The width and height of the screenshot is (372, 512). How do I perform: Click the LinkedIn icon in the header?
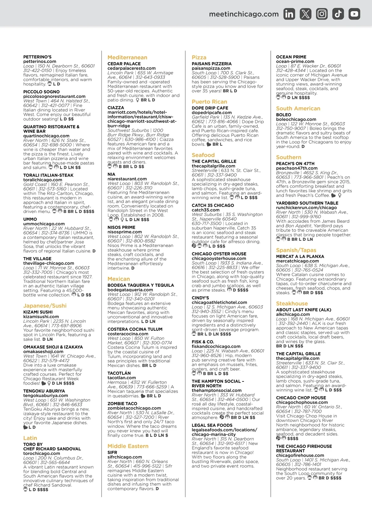289,14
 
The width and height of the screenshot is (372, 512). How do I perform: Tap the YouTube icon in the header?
354,14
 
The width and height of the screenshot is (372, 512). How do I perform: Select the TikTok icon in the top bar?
338,14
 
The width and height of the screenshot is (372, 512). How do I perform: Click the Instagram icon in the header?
322,14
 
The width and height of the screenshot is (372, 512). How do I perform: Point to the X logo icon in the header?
306,14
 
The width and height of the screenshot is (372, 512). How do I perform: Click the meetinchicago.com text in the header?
244,14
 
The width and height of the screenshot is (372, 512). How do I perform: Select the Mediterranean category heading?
127,57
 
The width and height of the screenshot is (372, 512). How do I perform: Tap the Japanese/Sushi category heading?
45,306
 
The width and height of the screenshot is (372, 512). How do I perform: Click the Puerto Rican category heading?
209,102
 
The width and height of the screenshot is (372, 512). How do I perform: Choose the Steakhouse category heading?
292,303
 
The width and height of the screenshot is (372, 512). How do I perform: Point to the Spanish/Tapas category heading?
296,250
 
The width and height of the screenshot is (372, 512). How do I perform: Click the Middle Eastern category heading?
128,446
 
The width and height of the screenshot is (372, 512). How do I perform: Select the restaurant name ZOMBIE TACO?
122,404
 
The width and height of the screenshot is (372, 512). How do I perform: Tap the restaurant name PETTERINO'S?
38,57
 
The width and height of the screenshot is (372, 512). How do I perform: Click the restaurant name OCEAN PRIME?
291,57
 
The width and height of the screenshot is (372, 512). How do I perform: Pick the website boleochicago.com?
296,119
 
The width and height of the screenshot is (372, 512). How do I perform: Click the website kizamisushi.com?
41,317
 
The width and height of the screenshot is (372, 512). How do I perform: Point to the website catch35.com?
206,210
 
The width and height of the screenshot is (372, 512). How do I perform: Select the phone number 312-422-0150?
38,70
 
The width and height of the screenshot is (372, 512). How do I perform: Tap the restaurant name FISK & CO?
203,342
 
